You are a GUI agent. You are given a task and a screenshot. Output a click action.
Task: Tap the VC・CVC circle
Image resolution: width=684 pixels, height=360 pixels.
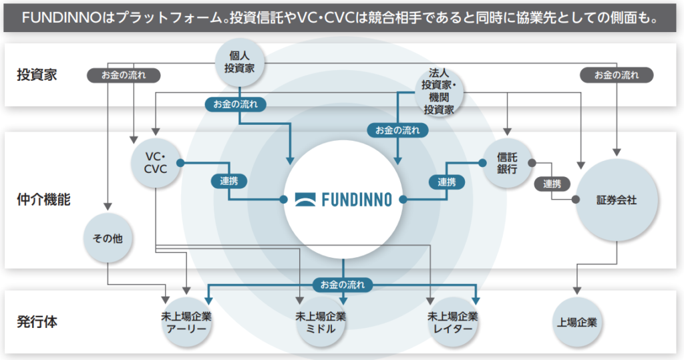[x=156, y=163]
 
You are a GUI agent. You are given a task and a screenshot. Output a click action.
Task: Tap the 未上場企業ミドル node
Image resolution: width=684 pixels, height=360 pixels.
[x=321, y=323]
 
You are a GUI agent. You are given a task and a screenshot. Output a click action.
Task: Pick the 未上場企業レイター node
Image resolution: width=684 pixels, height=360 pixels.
[x=453, y=323]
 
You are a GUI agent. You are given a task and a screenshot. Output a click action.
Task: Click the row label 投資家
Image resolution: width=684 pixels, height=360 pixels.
[x=37, y=75]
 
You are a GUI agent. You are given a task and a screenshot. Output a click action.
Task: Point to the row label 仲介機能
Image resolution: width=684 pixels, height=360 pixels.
[x=43, y=199]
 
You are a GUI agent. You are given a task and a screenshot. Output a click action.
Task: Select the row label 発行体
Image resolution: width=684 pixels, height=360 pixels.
[x=37, y=322]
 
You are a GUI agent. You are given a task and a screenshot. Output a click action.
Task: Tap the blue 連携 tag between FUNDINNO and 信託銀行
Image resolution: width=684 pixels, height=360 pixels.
[x=447, y=181]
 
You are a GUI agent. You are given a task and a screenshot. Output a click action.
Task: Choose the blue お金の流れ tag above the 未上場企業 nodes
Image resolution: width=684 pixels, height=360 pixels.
[x=343, y=285]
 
